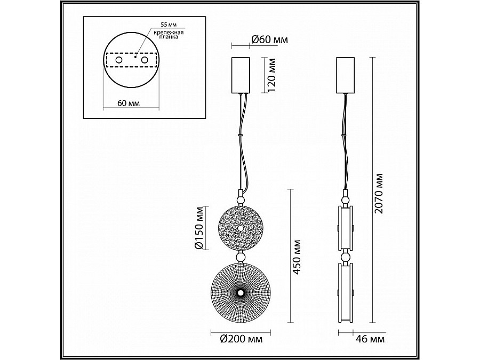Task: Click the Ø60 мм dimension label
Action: click(x=269, y=40)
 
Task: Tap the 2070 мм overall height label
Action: click(x=379, y=193)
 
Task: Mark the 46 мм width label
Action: click(x=370, y=338)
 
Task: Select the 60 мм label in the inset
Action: click(x=128, y=103)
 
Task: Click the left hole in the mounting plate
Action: click(x=118, y=61)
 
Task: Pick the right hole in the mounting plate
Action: click(x=144, y=61)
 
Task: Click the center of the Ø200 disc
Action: click(x=240, y=293)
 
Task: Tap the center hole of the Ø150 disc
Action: click(x=240, y=228)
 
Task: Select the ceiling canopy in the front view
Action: click(x=240, y=74)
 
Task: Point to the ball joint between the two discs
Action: click(x=240, y=258)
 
